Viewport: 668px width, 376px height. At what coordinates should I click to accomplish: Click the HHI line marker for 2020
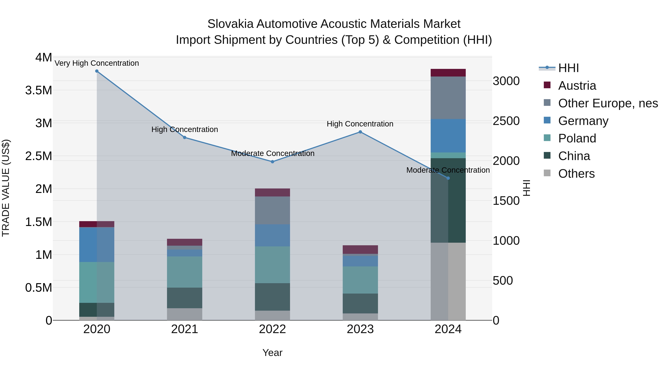97,71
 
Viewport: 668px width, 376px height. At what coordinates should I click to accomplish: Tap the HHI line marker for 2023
360,132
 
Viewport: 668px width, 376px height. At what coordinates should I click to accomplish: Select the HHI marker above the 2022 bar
272,162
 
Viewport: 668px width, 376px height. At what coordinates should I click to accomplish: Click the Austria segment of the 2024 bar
448,73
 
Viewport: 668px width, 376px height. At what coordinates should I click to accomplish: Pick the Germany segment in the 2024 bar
448,136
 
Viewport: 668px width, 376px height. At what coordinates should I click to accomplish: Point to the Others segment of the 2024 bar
448,281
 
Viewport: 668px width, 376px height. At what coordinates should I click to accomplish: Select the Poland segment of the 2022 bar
272,265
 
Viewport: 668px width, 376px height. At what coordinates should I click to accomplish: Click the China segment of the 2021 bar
185,298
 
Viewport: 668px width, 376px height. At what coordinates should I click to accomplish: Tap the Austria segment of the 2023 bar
360,249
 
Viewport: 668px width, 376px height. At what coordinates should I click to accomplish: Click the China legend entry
574,156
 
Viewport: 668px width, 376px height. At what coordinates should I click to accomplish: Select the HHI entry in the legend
568,68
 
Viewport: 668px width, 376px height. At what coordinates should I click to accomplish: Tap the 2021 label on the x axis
185,329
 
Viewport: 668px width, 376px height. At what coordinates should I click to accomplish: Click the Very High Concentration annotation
97,63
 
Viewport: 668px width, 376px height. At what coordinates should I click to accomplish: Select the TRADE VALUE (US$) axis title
6,188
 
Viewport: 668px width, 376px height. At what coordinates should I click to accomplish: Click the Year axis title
272,353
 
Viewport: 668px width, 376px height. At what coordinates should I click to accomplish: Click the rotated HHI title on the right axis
526,188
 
